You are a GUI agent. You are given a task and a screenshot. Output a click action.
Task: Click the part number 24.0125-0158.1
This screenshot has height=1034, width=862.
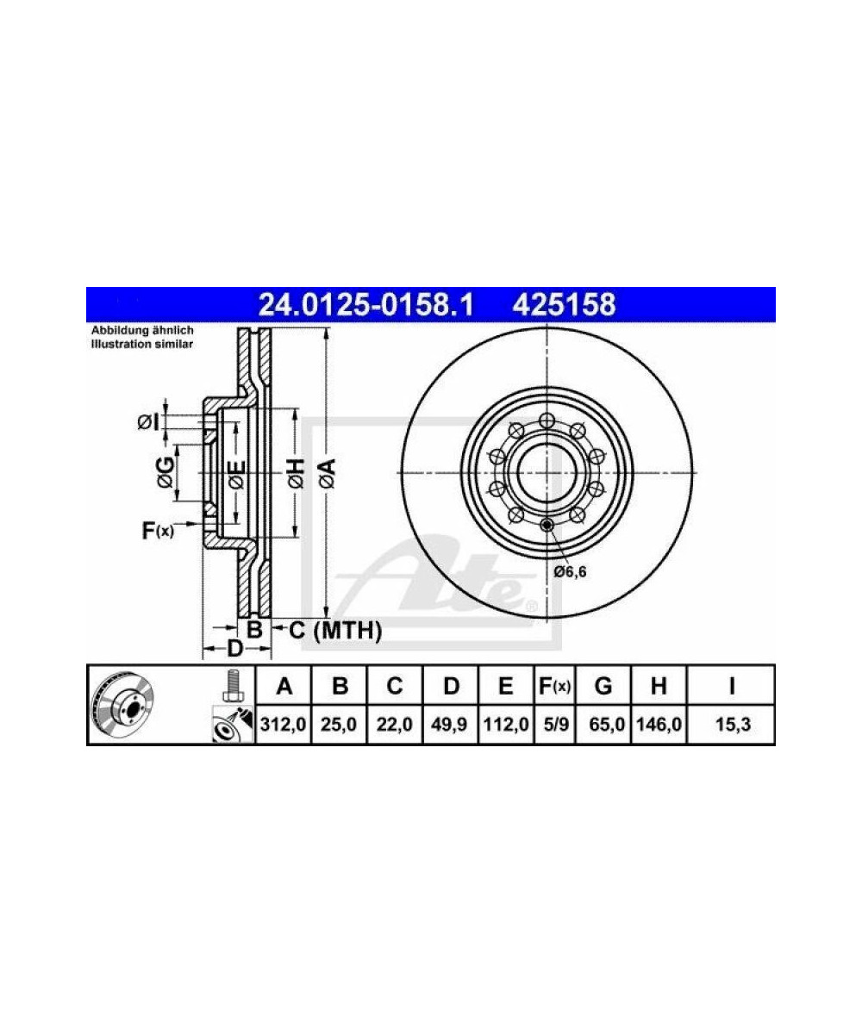366,304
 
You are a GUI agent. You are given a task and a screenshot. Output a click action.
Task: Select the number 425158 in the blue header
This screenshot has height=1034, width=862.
564,304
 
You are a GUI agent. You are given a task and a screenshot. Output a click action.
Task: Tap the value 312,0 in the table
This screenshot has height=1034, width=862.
284,725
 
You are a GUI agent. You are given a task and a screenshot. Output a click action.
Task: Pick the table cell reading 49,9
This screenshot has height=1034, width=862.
450,725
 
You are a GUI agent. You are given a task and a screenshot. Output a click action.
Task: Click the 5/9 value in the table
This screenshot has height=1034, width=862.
555,725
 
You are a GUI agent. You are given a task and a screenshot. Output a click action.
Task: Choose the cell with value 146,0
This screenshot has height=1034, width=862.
659,725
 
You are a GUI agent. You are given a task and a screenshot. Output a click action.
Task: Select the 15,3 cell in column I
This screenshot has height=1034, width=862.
733,725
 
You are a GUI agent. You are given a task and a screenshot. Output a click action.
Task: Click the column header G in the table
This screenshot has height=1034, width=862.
603,687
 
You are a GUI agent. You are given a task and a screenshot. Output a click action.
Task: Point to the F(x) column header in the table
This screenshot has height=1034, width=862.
555,687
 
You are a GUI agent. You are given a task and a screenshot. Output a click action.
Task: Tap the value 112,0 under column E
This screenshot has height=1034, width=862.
506,725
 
